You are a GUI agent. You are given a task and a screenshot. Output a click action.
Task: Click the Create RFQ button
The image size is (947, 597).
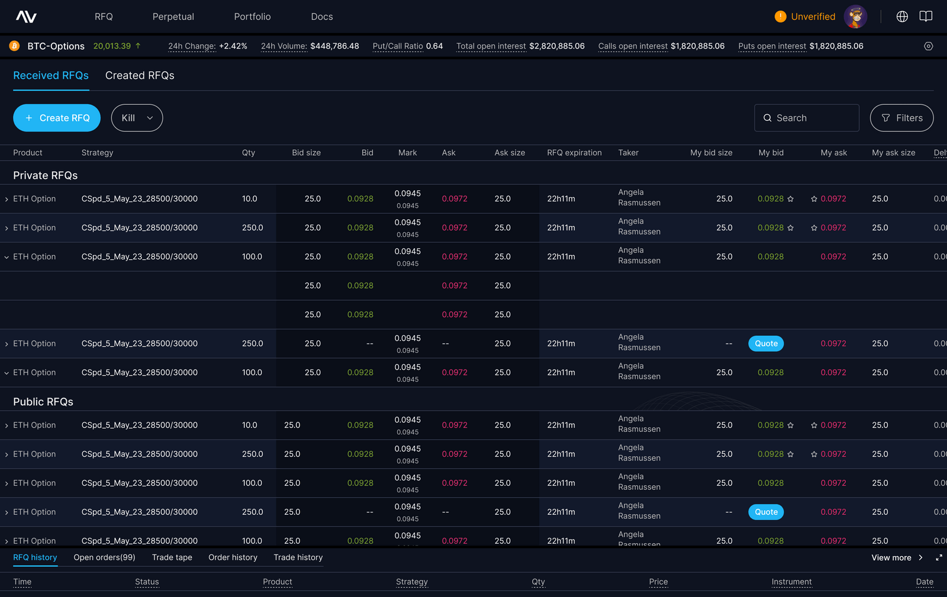click(57, 118)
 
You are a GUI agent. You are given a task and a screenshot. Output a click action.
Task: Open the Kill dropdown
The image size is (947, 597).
click(137, 118)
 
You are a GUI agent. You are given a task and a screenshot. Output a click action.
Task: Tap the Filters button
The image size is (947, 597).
click(901, 118)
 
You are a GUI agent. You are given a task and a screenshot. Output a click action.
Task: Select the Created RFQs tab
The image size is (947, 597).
click(140, 76)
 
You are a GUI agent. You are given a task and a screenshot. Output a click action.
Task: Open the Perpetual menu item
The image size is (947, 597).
click(173, 17)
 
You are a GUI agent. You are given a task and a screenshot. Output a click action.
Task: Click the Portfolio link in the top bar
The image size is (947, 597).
click(252, 17)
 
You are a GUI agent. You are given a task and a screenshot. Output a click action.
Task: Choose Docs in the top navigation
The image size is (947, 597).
click(322, 17)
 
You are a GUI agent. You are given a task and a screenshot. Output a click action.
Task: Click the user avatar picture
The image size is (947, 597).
click(855, 17)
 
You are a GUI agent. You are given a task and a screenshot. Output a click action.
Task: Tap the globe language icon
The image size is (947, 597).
click(902, 17)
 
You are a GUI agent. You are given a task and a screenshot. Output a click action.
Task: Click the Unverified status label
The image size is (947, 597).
click(813, 17)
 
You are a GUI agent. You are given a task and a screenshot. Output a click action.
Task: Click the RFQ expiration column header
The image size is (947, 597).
click(574, 153)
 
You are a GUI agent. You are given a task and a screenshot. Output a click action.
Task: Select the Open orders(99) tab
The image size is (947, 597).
click(104, 557)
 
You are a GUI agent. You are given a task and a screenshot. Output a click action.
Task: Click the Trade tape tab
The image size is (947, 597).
click(172, 557)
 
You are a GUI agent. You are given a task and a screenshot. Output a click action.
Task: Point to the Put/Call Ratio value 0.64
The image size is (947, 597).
click(434, 46)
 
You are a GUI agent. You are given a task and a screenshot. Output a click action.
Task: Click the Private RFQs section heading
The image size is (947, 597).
click(46, 175)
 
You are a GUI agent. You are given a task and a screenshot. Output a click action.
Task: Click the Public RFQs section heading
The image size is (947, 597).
click(43, 402)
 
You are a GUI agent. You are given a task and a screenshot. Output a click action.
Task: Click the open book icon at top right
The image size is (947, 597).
click(926, 17)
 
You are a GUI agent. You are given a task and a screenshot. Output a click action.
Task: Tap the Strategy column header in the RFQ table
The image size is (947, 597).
click(97, 153)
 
